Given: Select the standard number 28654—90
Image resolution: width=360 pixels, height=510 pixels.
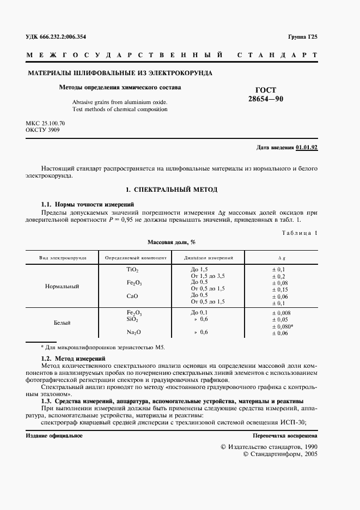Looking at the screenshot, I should pyautogui.click(x=266, y=99).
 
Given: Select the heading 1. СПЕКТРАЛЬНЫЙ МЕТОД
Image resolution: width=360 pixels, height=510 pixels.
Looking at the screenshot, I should pyautogui.click(x=171, y=190).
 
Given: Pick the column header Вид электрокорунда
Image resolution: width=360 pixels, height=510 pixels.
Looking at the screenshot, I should pyautogui.click(x=63, y=257).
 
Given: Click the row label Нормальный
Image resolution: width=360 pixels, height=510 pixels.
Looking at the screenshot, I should pyautogui.click(x=63, y=286).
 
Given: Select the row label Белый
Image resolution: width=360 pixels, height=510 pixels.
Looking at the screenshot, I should pyautogui.click(x=62, y=323).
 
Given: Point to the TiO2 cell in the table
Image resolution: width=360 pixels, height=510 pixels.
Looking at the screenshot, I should pyautogui.click(x=132, y=270).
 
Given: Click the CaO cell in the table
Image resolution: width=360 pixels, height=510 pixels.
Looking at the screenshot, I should pyautogui.click(x=132, y=296).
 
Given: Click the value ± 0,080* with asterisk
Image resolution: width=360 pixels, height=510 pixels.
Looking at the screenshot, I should pyautogui.click(x=283, y=326).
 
